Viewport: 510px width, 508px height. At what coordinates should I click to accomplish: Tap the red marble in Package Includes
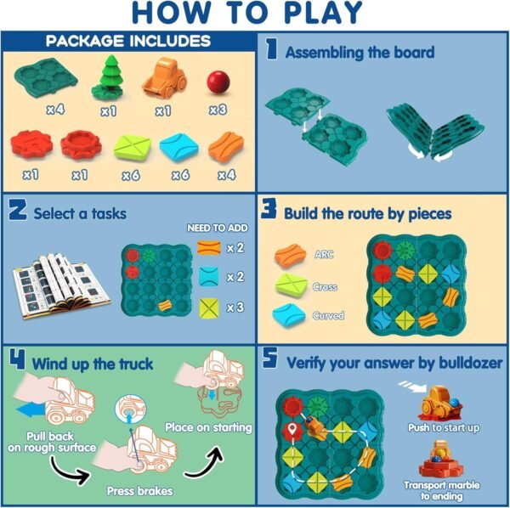pyautogui.click(x=218, y=82)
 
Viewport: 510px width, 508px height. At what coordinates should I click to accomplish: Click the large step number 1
pyautogui.click(x=271, y=50)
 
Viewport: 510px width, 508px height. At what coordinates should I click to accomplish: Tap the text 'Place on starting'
pyautogui.click(x=208, y=426)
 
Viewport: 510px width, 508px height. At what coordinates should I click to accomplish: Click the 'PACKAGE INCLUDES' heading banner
pyautogui.click(x=127, y=42)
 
